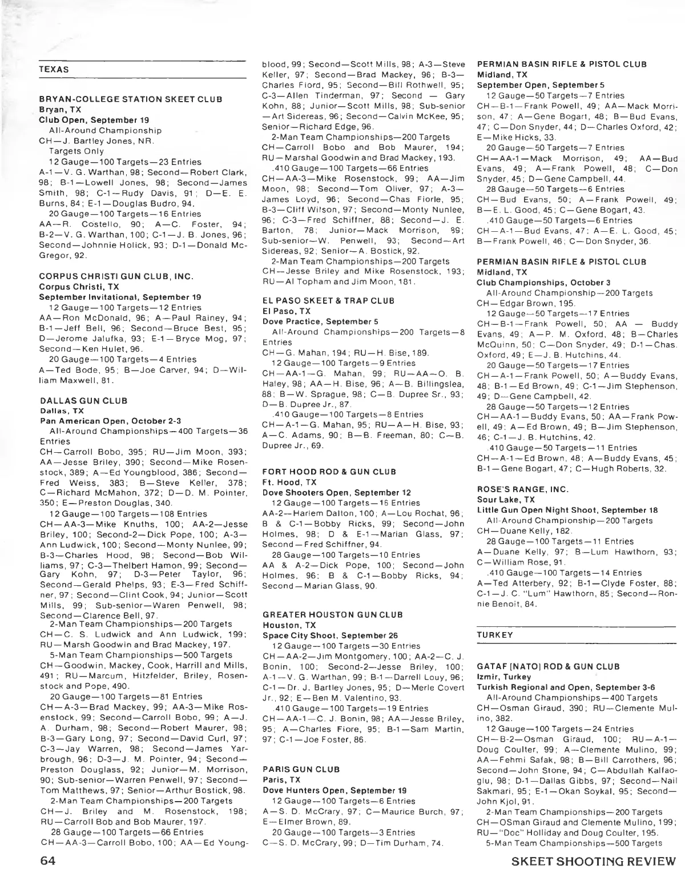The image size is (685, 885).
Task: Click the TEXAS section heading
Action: tap(54, 70)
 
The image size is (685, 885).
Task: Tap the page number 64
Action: tap(51, 861)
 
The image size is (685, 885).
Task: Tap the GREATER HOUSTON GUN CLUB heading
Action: tap(332, 614)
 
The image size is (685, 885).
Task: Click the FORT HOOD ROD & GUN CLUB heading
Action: tap(329, 472)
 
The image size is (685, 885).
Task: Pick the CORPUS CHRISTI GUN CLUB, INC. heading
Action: tap(116, 276)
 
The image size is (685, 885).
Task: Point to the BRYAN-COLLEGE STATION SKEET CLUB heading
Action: tap(130, 99)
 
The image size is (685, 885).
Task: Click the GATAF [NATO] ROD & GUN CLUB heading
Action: tap(548, 666)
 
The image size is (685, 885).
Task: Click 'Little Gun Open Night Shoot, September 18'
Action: tap(567, 510)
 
